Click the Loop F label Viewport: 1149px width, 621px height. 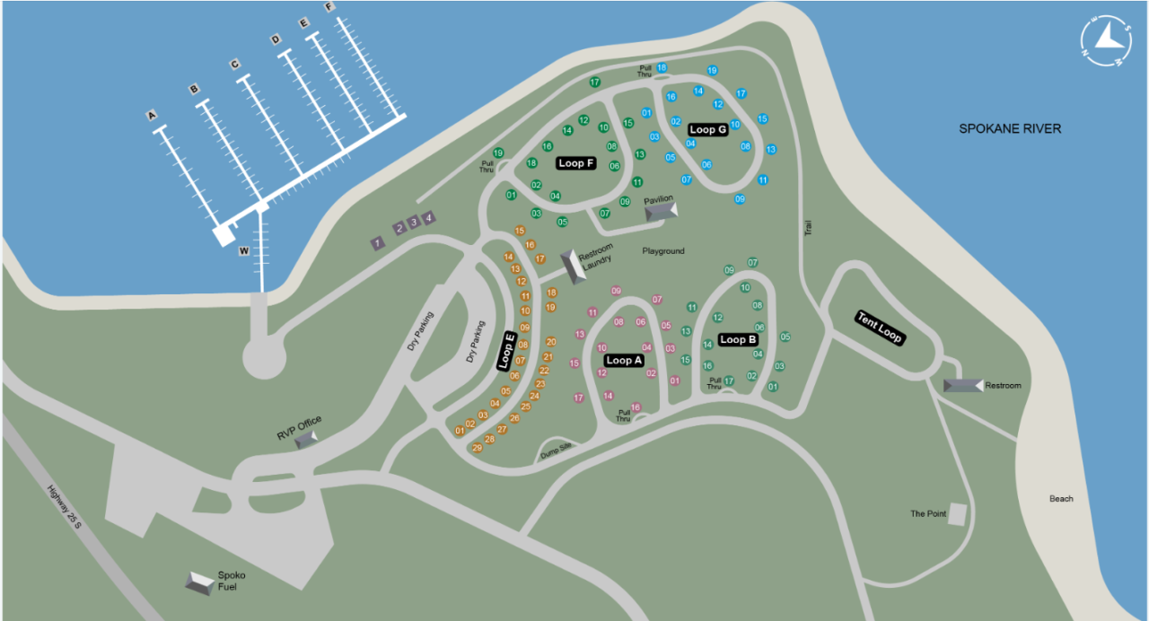pos(576,163)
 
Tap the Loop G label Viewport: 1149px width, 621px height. pos(707,130)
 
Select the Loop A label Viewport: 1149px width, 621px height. pos(624,361)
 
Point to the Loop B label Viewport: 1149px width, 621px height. pos(738,340)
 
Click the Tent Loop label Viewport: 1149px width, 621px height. pos(880,328)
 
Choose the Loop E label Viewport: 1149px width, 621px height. pos(507,351)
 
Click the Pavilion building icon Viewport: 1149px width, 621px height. pos(662,211)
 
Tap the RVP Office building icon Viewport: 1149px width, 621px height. pos(306,438)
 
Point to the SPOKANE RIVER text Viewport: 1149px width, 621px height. pos(1010,129)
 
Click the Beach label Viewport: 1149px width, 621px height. pos(1061,499)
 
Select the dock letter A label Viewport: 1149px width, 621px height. pos(152,116)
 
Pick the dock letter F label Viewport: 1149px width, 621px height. pos(329,7)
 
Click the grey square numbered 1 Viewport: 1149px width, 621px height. pos(378,242)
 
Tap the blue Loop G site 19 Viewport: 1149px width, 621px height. pos(712,70)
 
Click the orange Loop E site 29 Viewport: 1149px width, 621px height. pos(477,448)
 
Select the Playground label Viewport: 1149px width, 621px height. pos(663,251)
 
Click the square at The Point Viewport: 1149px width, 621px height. pos(958,514)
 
